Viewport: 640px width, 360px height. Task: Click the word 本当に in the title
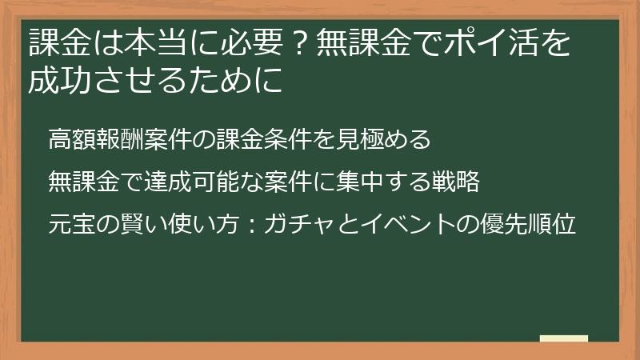click(x=141, y=43)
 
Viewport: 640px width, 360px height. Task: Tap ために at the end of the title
click(x=239, y=80)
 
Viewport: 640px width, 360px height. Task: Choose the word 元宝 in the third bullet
click(x=72, y=225)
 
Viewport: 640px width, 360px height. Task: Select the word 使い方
click(x=203, y=225)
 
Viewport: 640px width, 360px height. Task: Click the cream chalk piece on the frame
click(x=564, y=338)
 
